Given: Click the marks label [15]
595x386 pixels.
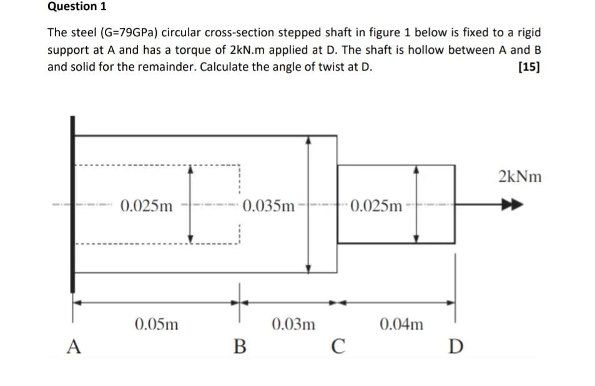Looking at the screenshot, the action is (x=529, y=67).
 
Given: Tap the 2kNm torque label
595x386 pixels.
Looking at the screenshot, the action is (x=520, y=177).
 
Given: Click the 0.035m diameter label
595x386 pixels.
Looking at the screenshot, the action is (x=268, y=205).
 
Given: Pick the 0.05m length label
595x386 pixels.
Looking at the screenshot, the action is (x=156, y=324).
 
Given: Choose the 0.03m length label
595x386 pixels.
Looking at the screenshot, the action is (x=293, y=324).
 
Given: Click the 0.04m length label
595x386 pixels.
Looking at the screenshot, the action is (x=401, y=324).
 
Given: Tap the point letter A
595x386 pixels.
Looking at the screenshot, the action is (x=74, y=346).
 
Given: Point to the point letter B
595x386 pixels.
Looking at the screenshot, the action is (x=239, y=346).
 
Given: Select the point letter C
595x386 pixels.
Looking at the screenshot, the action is (x=338, y=346).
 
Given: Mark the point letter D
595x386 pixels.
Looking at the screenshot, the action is (x=456, y=346).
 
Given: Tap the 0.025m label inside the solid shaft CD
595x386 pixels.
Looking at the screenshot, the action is (x=377, y=205).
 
